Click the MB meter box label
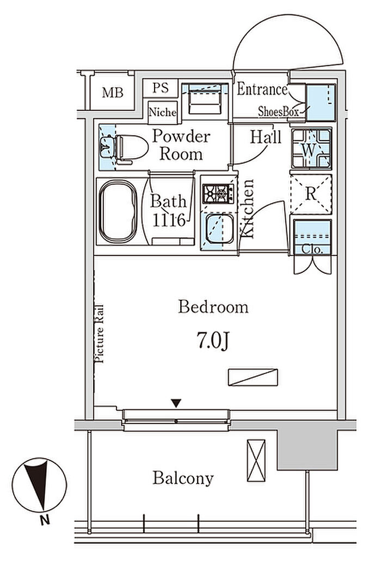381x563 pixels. [113, 93]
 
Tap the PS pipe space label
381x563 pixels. [161, 88]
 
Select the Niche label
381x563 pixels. [163, 112]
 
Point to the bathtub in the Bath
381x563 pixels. [118, 211]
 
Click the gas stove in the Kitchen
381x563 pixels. [218, 194]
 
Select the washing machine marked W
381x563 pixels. [311, 148]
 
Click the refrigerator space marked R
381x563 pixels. [311, 194]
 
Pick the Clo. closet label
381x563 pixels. [312, 249]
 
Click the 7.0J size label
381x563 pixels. [212, 340]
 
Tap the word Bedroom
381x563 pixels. [213, 307]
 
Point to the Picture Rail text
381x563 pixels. [99, 334]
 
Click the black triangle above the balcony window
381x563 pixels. [176, 403]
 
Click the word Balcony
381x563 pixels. [183, 478]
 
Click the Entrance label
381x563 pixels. [262, 89]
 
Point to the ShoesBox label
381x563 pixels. [278, 112]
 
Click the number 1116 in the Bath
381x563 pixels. [169, 220]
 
